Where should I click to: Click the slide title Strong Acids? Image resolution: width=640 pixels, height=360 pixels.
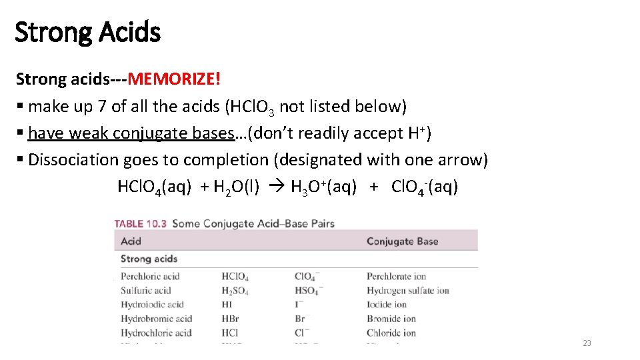pyautogui.click(x=87, y=31)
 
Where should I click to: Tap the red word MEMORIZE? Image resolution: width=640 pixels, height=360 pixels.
pyautogui.click(x=174, y=79)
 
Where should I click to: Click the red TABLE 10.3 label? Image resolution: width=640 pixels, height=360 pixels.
pyautogui.click(x=141, y=223)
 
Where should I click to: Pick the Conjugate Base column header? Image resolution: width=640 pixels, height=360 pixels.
pyautogui.click(x=402, y=241)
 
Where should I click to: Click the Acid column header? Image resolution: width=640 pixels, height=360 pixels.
pyautogui.click(x=131, y=241)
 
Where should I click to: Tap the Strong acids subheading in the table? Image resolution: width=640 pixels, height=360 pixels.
pyautogui.click(x=149, y=259)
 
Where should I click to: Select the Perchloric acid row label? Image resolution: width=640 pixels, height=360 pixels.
pyautogui.click(x=150, y=276)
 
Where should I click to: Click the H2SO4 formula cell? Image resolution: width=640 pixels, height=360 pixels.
pyautogui.click(x=235, y=291)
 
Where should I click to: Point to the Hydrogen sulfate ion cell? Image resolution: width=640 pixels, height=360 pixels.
pyautogui.click(x=407, y=291)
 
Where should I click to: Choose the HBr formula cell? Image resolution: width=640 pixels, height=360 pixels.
pyautogui.click(x=230, y=319)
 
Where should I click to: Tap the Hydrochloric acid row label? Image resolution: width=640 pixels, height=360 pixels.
pyautogui.click(x=156, y=333)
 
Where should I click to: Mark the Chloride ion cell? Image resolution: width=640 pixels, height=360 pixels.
pyautogui.click(x=391, y=333)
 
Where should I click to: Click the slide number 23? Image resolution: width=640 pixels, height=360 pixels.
pyautogui.click(x=587, y=343)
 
